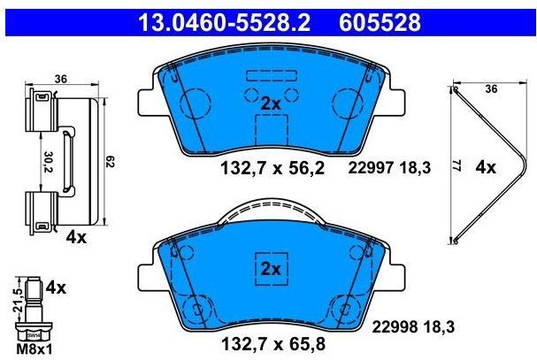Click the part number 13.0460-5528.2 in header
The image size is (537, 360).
(220, 19)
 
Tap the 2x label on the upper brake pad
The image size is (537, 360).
(270, 103)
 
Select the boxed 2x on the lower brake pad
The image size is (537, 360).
(269, 268)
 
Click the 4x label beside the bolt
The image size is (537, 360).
(56, 287)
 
